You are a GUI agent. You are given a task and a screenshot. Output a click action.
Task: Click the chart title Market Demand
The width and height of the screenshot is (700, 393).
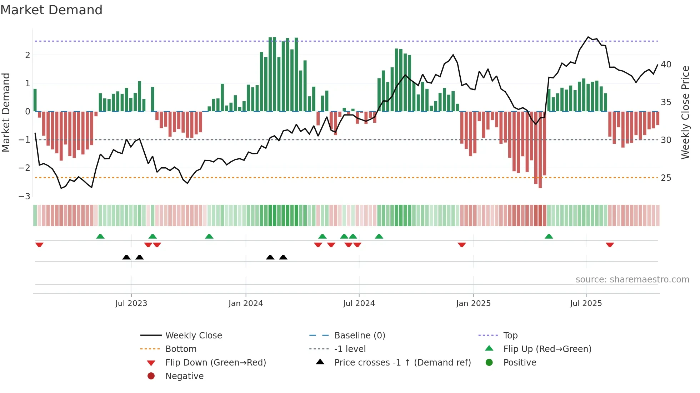[51, 10]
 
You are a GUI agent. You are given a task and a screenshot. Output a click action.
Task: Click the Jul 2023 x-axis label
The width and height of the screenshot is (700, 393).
[131, 303]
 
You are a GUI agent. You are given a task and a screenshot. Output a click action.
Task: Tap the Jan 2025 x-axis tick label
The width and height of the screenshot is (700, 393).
[473, 303]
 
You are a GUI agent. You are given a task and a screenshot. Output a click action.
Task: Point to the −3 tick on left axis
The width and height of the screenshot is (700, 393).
[24, 196]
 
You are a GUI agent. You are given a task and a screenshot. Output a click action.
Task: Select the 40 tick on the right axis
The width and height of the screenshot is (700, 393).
[666, 65]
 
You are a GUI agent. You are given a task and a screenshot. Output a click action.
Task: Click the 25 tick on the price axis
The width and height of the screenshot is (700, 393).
[666, 178]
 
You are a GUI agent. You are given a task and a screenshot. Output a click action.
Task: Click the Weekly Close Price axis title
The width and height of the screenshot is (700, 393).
[685, 112]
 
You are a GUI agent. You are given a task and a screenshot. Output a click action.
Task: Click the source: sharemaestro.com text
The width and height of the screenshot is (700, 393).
[632, 280]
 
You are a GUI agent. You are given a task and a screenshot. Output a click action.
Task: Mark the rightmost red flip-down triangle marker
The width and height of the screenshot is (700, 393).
[610, 245]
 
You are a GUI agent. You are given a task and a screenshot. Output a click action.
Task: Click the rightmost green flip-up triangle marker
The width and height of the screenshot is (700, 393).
[549, 236]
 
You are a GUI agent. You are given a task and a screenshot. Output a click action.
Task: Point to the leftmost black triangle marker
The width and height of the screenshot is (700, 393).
[126, 257]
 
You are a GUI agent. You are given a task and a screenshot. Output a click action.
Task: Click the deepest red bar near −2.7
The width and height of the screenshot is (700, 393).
[540, 150]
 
